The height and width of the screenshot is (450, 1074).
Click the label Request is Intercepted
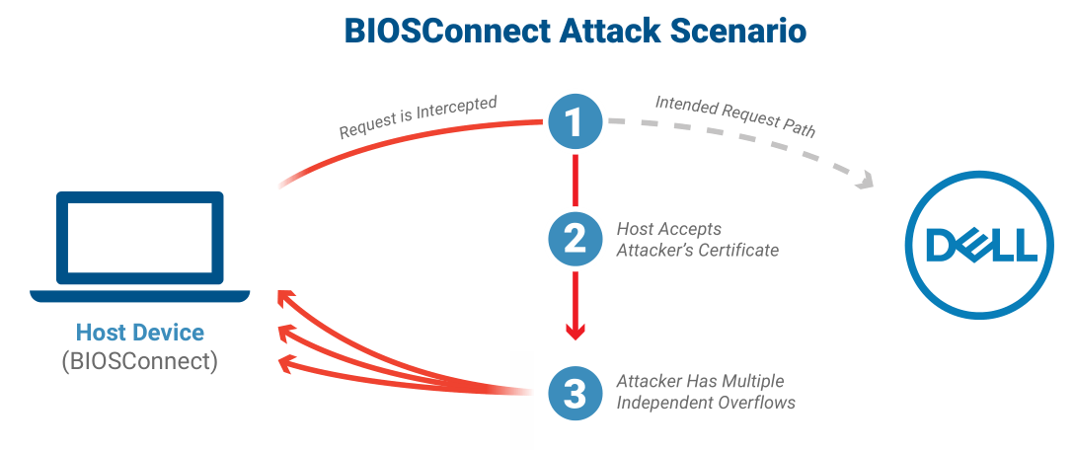[x=418, y=117]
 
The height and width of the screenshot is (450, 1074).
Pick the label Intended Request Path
[x=735, y=115]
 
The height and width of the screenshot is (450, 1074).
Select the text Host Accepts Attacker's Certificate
[x=697, y=239]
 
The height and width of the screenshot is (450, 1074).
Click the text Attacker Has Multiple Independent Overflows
[x=705, y=392]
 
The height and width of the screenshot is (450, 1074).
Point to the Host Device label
[x=140, y=333]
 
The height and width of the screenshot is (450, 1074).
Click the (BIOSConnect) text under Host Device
[x=140, y=360]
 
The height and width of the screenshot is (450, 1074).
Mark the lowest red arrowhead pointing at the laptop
[x=285, y=364]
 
